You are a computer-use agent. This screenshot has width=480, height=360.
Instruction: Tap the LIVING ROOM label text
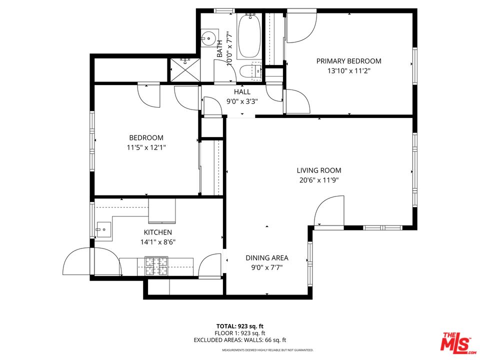point(318,170)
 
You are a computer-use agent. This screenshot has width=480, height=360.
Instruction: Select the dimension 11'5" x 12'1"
point(146,147)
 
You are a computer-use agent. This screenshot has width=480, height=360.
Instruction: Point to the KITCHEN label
point(157,232)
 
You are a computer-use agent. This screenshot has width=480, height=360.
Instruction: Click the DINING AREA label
point(266,258)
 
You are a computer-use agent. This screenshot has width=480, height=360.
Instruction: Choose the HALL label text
point(242,92)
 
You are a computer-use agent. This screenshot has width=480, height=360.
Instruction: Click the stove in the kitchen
point(156,266)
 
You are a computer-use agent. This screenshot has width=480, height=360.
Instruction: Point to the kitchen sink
point(103,230)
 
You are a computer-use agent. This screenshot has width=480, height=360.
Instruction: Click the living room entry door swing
point(328,211)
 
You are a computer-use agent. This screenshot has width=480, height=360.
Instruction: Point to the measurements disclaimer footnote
point(267,350)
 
